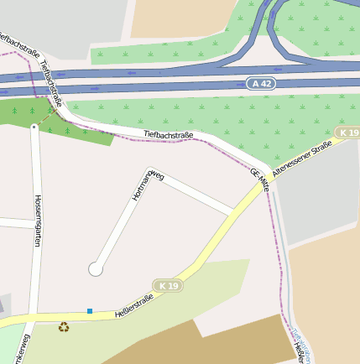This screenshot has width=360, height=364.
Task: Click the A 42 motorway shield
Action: (x=261, y=83)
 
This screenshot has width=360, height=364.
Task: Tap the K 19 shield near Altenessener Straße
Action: (x=347, y=133)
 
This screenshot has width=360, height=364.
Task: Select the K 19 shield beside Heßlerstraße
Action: (x=168, y=286)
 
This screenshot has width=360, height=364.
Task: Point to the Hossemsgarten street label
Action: (x=37, y=221)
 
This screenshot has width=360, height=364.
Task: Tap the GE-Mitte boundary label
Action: (x=258, y=179)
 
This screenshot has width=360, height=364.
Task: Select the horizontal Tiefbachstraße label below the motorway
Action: (x=168, y=134)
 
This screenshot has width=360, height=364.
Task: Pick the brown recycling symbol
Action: (x=64, y=327)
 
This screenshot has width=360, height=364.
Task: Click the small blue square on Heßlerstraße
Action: (x=90, y=311)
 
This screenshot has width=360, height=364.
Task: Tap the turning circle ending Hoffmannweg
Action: (x=96, y=268)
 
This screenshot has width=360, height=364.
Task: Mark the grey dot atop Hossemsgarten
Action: (x=34, y=127)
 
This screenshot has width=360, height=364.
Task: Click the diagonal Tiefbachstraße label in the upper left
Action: (x=50, y=76)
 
